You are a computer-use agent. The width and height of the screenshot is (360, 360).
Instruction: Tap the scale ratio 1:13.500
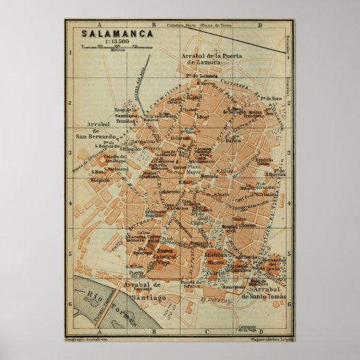click(108, 39)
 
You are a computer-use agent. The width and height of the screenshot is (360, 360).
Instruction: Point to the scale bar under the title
click(108, 46)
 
